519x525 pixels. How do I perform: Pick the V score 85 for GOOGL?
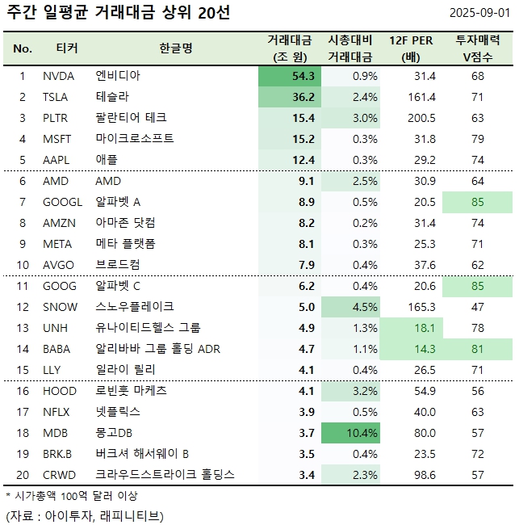477,202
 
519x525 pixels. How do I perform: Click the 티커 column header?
67,48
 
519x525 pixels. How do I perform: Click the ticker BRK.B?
57,454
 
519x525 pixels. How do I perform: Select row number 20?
23,475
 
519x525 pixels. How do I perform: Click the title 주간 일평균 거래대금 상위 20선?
117,15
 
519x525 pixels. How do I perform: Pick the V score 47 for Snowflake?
477,307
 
